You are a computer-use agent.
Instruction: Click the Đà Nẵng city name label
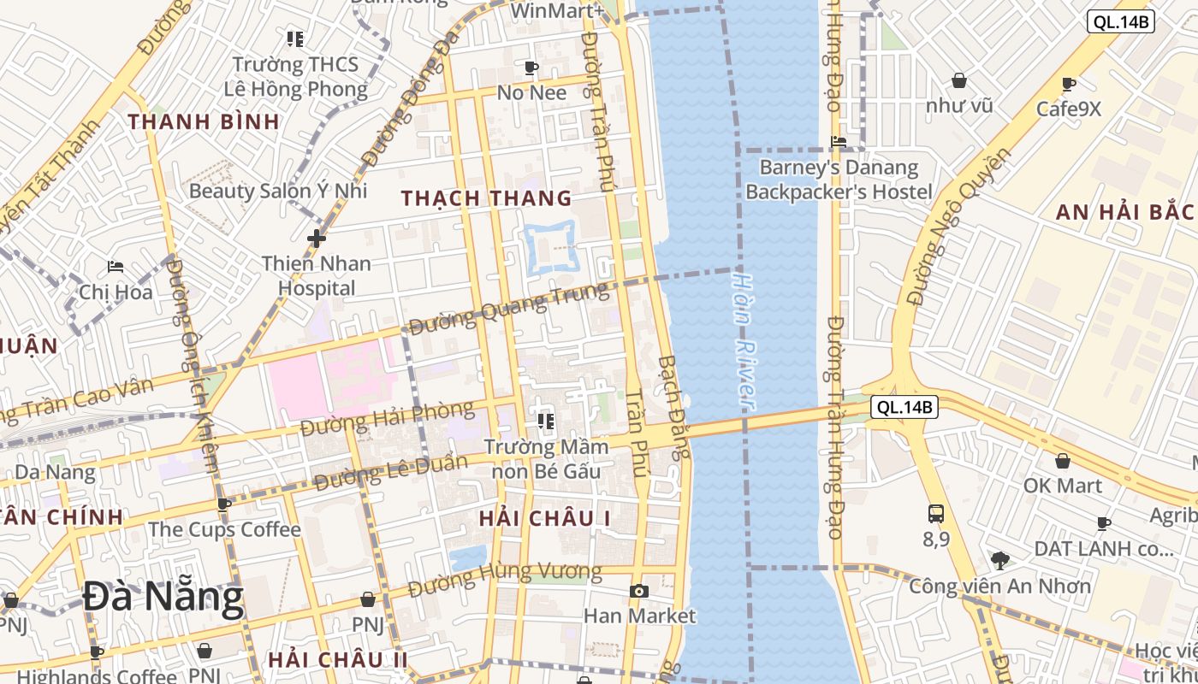pyautogui.click(x=163, y=598)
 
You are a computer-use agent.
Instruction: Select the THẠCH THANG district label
pyautogui.click(x=486, y=198)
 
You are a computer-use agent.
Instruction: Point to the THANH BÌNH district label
pyautogui.click(x=204, y=121)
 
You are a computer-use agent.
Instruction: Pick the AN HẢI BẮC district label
pyautogui.click(x=1124, y=212)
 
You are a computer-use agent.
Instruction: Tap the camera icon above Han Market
pyautogui.click(x=638, y=591)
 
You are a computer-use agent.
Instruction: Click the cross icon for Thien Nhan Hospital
pyautogui.click(x=317, y=238)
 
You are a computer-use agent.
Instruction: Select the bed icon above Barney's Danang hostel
pyautogui.click(x=839, y=141)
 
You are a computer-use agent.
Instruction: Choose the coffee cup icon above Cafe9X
pyautogui.click(x=1068, y=84)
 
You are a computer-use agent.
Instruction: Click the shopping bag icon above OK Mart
pyautogui.click(x=1062, y=461)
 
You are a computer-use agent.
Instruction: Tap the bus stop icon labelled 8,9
pyautogui.click(x=936, y=514)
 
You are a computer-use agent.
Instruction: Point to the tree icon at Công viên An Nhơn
pyautogui.click(x=999, y=561)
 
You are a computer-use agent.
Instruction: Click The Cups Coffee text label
pyautogui.click(x=224, y=529)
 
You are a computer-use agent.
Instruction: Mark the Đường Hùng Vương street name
pyautogui.click(x=504, y=579)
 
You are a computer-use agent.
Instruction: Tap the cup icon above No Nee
pyautogui.click(x=531, y=68)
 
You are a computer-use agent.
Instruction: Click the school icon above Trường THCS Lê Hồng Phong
pyautogui.click(x=295, y=38)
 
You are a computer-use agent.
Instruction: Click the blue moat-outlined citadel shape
pyautogui.click(x=549, y=248)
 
